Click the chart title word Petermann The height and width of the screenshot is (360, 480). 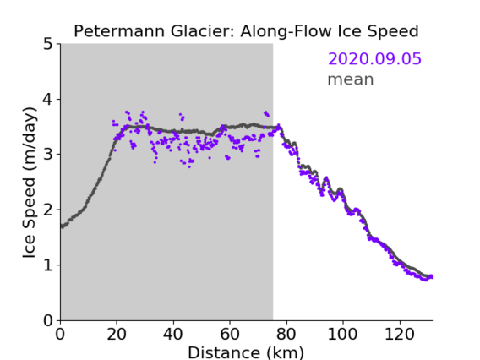120,31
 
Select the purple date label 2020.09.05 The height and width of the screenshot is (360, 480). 374,59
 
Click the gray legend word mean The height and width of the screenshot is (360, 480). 351,79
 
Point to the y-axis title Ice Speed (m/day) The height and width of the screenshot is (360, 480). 30,183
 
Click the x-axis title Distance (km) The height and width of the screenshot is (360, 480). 246,352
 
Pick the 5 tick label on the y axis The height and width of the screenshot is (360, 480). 48,45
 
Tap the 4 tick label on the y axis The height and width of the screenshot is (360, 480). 48,100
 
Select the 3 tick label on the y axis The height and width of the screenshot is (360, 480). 48,155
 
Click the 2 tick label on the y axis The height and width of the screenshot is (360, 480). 48,210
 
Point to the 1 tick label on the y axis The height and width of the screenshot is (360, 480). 48,265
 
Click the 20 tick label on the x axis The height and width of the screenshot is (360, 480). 117,334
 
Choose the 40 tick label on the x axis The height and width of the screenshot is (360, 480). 173,334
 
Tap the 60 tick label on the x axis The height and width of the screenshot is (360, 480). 230,334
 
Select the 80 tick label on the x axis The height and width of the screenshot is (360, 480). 286,334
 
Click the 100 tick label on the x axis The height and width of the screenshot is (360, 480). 342,334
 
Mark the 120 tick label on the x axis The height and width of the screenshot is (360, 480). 399,334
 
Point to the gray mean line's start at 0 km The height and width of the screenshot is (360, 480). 62,226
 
